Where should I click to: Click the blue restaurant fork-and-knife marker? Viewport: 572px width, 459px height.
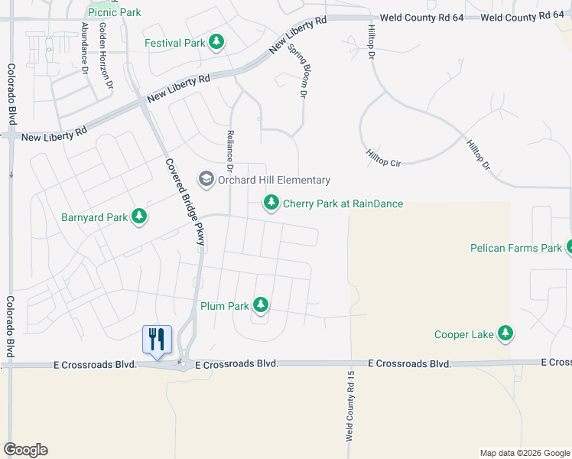point(157,338)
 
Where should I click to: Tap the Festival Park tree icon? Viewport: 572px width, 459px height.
point(216,43)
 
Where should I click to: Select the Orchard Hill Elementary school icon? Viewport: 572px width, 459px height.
point(206,180)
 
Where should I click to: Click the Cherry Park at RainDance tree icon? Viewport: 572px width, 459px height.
point(271,203)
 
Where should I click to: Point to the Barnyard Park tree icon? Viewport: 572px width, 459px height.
point(139,217)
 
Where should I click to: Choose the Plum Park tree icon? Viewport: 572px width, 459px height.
point(261,306)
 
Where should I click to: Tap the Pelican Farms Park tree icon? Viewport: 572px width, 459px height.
point(569,248)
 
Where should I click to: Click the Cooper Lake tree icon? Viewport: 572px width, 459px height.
point(505,334)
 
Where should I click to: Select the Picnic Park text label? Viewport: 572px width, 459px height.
point(115,12)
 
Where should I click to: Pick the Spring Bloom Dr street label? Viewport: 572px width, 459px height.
point(297,70)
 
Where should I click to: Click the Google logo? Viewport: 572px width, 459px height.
point(25,450)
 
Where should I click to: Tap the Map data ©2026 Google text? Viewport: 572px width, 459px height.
point(524,453)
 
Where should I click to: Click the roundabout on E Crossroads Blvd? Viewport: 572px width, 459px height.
point(184,363)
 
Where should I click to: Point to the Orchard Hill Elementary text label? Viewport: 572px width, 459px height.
point(275,180)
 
